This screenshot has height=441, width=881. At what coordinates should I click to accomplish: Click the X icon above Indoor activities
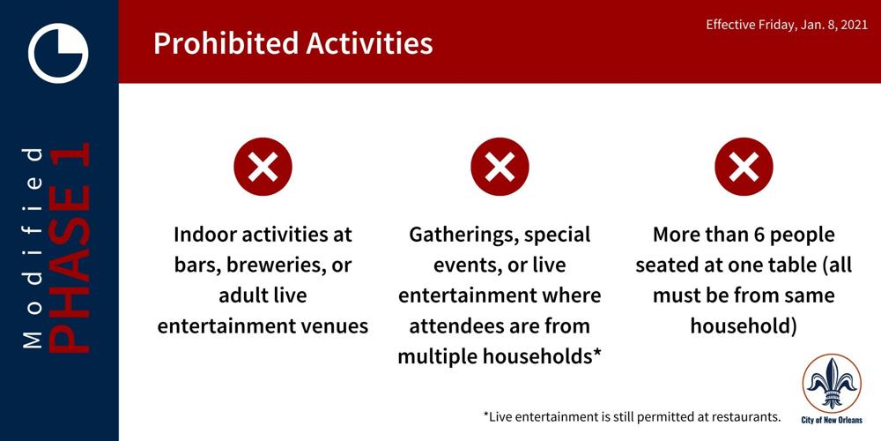tap(263, 167)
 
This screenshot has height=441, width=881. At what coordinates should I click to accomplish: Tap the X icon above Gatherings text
tap(500, 167)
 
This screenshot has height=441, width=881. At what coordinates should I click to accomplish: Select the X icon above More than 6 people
tap(744, 167)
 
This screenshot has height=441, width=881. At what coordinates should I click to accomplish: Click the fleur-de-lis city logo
tap(832, 384)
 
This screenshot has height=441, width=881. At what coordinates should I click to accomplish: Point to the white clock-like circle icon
tap(58, 53)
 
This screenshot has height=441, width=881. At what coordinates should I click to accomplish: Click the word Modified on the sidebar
tap(33, 248)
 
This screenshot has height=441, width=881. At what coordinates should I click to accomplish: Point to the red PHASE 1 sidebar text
tap(69, 248)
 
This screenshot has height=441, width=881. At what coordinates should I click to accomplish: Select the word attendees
tap(454, 326)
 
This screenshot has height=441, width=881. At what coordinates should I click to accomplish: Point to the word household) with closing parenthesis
tap(744, 325)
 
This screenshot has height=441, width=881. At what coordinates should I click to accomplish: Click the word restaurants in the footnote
tap(751, 417)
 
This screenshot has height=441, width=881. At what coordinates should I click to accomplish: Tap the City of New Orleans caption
tap(832, 420)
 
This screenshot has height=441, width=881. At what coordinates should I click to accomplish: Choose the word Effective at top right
tap(728, 26)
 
